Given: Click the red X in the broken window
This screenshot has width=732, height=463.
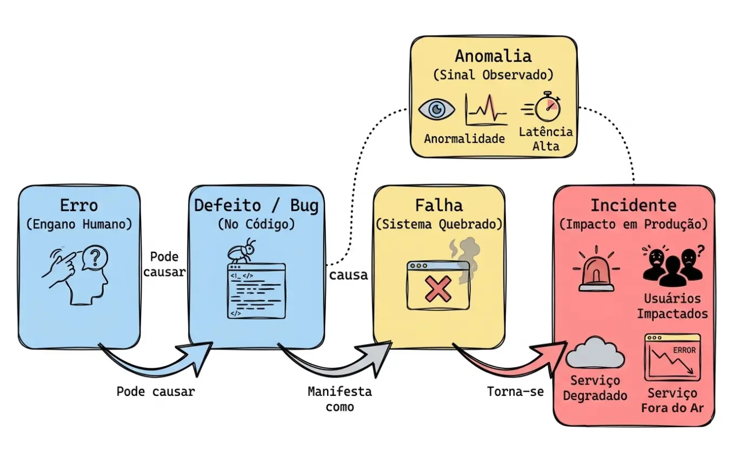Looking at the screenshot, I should pos(438,289).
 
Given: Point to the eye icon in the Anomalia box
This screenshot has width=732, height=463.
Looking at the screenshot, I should pos(437,109).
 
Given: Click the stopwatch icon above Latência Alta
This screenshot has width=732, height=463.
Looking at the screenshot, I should pos(547,107).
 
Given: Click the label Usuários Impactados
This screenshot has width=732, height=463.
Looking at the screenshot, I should pos(672,306).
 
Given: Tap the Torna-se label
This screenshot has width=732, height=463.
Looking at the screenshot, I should pos(515,391).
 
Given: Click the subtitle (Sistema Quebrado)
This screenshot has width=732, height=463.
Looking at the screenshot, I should pos(438,223).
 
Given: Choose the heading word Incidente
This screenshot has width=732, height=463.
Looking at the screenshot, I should pos(633,206).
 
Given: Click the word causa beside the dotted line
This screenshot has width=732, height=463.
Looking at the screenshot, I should pos(348,275).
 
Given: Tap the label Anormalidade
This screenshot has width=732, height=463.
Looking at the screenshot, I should pos(464,138).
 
